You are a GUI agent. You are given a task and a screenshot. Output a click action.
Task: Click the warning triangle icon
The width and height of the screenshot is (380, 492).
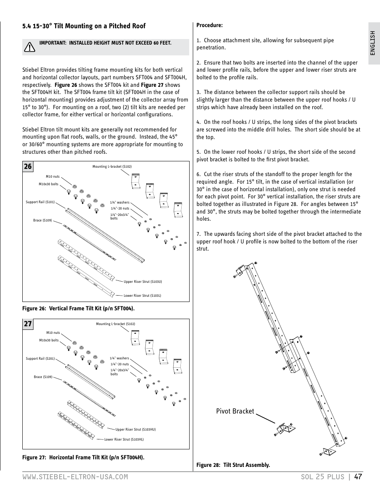[x=29, y=47]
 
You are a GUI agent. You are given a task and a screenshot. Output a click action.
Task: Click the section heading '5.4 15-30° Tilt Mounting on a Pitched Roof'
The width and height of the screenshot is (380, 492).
[x=84, y=26]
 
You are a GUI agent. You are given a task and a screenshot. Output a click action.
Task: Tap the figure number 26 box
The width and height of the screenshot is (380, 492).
[x=27, y=167]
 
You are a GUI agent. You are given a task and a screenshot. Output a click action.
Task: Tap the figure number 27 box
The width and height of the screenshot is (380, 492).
[x=27, y=324]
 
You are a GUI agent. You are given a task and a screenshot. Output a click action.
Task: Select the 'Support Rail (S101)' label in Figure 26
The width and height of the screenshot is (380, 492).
[x=40, y=202]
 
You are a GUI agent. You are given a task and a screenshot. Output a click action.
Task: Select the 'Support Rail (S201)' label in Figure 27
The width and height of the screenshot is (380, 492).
[x=40, y=359]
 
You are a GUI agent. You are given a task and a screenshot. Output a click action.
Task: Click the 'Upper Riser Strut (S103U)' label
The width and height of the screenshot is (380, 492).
[x=143, y=282]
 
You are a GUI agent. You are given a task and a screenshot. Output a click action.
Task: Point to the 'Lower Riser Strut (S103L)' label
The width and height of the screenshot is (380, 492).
[x=142, y=296]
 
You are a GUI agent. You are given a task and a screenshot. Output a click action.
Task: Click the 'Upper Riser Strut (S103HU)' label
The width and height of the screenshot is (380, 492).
[x=135, y=429]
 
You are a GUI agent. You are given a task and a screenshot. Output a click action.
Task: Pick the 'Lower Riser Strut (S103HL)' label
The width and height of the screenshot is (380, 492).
[x=124, y=439]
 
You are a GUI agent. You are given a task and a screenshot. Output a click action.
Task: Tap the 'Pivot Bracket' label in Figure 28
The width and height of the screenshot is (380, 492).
[x=235, y=411]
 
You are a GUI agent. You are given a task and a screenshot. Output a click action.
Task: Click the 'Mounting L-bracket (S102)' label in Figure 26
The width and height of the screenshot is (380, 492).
[x=112, y=167]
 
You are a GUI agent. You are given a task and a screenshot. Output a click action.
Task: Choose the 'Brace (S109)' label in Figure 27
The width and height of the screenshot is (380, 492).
[x=43, y=377]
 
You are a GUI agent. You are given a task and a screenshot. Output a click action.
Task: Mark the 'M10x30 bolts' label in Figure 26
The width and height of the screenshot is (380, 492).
[x=49, y=184]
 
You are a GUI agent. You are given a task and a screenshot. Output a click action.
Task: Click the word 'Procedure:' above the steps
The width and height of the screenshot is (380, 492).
[x=210, y=25]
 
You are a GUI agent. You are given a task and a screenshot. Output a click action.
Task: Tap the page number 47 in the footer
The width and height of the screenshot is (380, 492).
[x=358, y=477]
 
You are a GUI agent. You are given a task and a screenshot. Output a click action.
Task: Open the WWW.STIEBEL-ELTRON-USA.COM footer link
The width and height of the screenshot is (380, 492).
[x=75, y=477]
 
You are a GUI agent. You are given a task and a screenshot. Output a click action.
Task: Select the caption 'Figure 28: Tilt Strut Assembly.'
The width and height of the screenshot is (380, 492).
[x=233, y=465]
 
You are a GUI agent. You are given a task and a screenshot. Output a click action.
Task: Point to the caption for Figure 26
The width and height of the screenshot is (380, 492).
[x=78, y=308]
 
